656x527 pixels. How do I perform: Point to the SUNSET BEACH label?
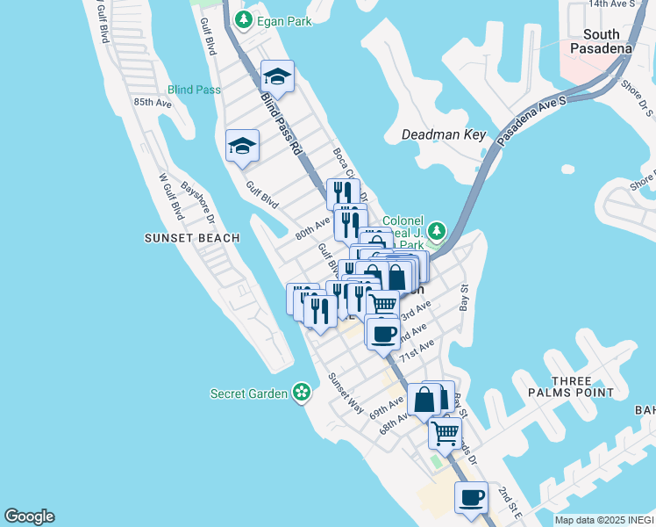click(182, 238)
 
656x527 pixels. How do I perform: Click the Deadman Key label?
click(443, 135)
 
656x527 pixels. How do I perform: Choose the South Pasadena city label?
click(601, 41)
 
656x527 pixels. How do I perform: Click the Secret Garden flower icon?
click(303, 393)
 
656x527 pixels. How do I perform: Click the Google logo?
click(29, 516)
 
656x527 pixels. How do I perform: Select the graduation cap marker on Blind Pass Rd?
click(277, 77)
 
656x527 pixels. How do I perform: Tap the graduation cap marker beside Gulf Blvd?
click(242, 145)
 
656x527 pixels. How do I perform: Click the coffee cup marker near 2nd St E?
click(471, 497)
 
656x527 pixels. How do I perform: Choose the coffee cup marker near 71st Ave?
click(383, 333)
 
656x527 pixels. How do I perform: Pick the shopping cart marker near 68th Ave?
click(446, 431)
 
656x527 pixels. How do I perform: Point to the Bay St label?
click(465, 298)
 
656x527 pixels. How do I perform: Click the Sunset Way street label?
click(346, 392)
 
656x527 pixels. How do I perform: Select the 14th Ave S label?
click(610, 4)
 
